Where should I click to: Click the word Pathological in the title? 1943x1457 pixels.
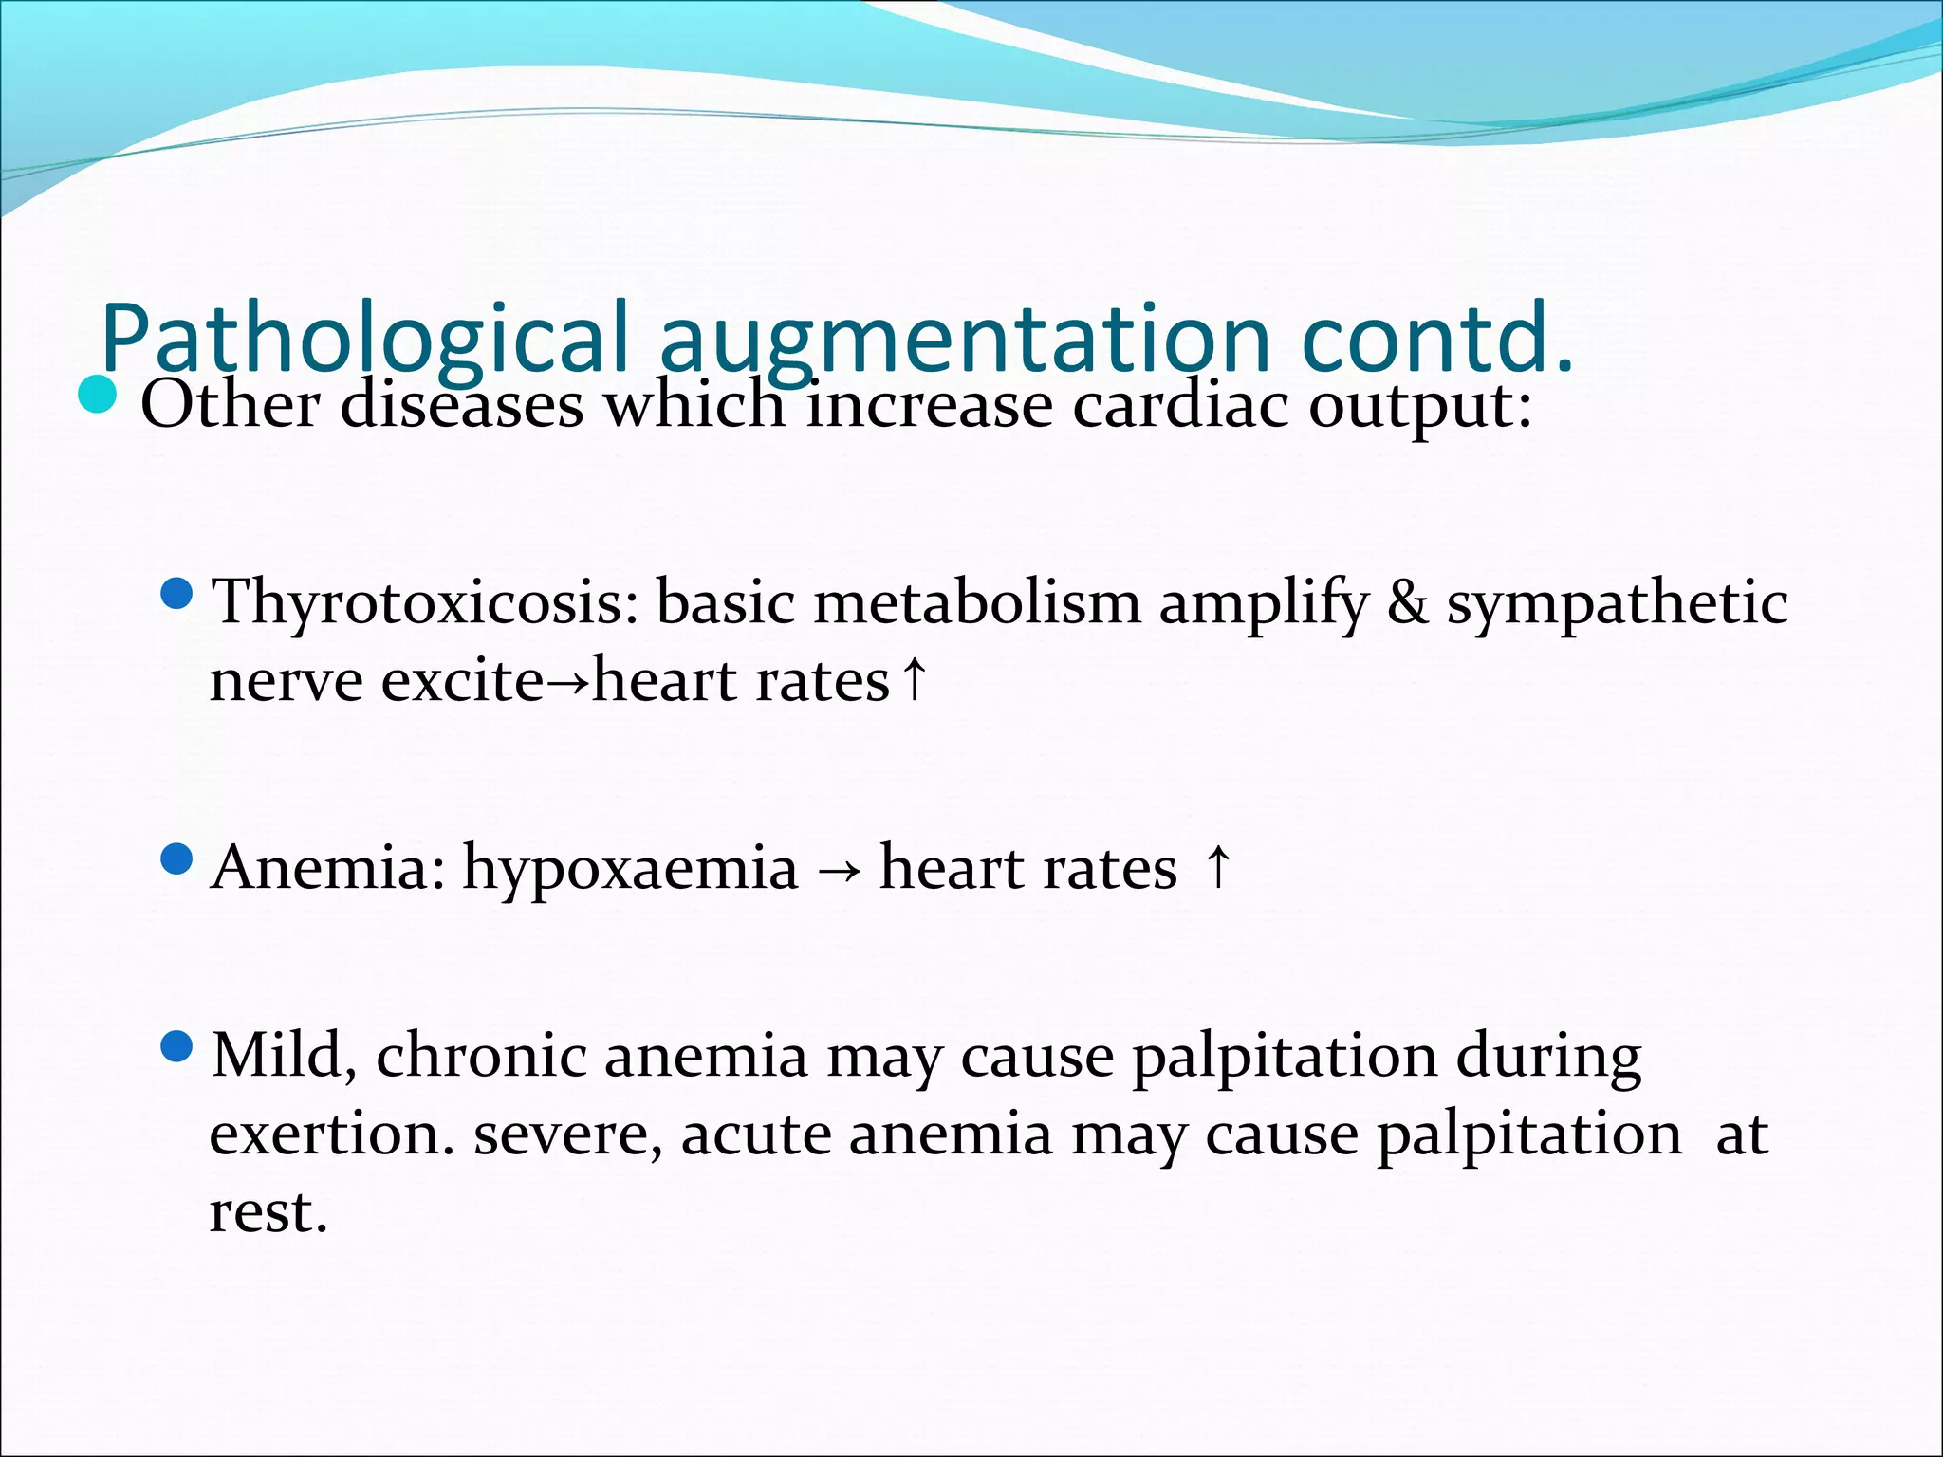click(365, 339)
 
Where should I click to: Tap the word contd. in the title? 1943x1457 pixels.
click(1436, 339)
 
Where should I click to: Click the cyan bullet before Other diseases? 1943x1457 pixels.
click(97, 396)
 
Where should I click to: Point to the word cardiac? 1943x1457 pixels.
click(1180, 406)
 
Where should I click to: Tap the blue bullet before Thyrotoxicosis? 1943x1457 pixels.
click(176, 595)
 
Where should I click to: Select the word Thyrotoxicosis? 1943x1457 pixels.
click(425, 604)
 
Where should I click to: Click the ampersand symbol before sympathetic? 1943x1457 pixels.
click(1407, 603)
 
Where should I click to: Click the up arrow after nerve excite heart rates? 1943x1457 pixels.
click(913, 678)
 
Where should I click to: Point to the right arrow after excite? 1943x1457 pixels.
click(568, 682)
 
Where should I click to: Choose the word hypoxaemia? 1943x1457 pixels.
click(630, 870)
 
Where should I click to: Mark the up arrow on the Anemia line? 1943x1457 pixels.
click(1218, 866)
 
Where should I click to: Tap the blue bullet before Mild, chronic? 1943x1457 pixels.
click(176, 1047)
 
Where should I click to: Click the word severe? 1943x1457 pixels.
click(567, 1135)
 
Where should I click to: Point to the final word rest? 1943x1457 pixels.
click(268, 1213)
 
